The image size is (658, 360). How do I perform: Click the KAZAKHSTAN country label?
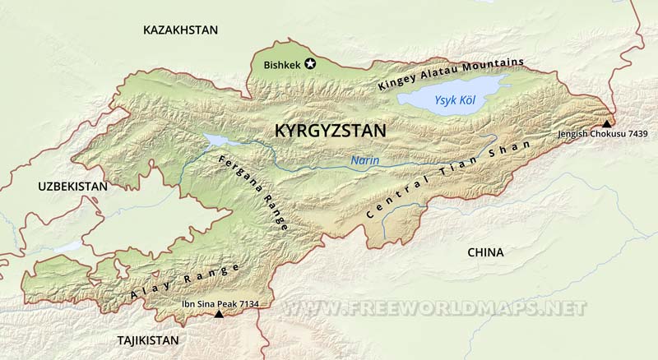click(180, 30)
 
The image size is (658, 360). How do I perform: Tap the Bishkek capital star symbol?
click(310, 64)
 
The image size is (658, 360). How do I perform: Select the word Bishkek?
click(282, 65)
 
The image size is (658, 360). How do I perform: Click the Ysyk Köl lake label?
click(455, 100)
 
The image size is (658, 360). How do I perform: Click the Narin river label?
click(364, 161)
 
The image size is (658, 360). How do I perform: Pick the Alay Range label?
click(184, 282)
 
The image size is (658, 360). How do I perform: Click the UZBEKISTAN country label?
click(72, 187)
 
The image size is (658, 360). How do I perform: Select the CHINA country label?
click(484, 252)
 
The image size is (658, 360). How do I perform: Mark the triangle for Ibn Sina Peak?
click(219, 314)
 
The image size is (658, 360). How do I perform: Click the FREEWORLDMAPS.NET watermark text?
click(437, 308)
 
